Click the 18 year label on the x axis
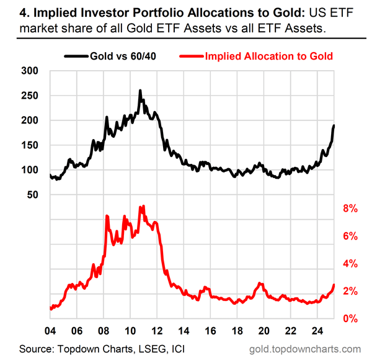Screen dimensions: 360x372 (237, 330)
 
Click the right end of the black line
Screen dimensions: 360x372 (334, 126)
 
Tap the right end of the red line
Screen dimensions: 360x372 (334, 285)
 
